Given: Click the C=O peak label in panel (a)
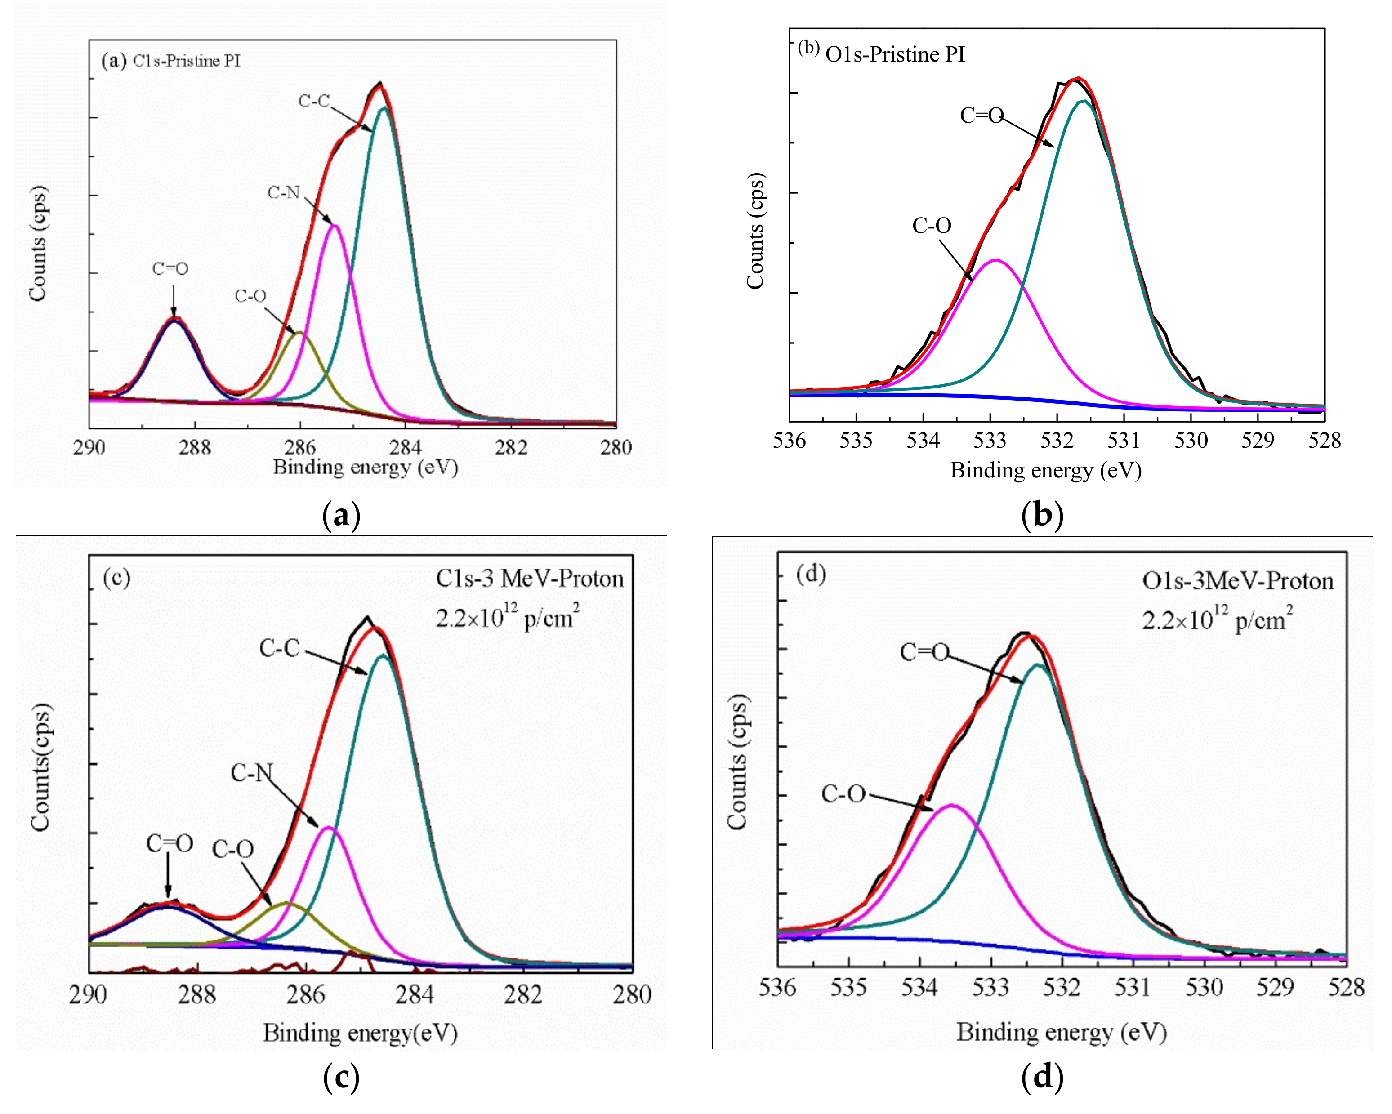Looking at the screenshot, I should tap(170, 268).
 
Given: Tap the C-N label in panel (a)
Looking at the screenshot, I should tap(284, 192).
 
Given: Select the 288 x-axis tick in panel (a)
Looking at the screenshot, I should tap(194, 446).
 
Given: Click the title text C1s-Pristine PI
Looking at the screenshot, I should tap(187, 61).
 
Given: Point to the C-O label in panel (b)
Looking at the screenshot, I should tap(931, 225).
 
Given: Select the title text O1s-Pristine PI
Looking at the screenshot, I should tap(895, 55).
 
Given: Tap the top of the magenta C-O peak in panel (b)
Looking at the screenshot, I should tap(997, 261).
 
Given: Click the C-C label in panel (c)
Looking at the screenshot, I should tap(280, 648).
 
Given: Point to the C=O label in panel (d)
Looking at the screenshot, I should tap(924, 652).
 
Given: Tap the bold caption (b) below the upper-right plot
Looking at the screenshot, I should tap(1042, 516).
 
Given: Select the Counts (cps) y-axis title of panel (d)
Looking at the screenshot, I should tap(736, 762).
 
